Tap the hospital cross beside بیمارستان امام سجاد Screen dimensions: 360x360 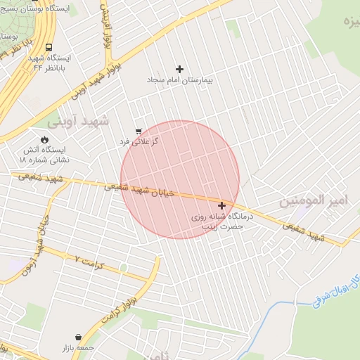(x=179, y=69)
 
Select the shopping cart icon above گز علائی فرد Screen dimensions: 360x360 (x=138, y=131)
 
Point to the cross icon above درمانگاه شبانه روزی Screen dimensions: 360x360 (x=222, y=206)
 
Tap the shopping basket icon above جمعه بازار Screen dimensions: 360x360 (x=77, y=337)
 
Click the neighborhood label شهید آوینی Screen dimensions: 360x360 (x=79, y=122)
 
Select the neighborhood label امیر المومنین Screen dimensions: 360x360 (x=314, y=200)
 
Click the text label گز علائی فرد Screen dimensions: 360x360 (x=139, y=141)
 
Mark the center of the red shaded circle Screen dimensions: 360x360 (x=180, y=179)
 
